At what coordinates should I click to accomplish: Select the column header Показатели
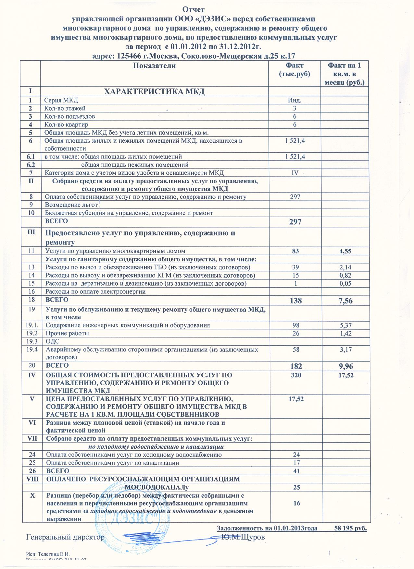click(155, 66)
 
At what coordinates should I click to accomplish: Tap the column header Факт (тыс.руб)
click(295, 70)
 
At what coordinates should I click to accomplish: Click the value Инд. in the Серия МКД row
click(295, 101)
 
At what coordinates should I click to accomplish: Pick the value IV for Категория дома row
click(295, 173)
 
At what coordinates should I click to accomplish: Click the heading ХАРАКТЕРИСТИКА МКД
click(154, 91)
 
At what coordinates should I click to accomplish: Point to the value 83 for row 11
click(295, 251)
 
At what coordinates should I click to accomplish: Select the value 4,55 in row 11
click(345, 251)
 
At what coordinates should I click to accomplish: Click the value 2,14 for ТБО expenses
click(345, 267)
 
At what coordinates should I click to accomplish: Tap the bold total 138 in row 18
click(295, 301)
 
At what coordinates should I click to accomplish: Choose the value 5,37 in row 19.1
click(345, 325)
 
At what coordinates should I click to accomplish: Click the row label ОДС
click(53, 341)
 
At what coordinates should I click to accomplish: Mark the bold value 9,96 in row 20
click(345, 367)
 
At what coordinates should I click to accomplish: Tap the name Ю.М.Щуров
click(243, 537)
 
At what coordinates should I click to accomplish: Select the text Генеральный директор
click(65, 537)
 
